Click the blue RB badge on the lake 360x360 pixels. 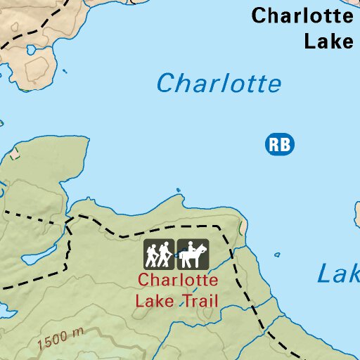tap(279, 145)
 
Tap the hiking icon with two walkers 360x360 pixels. tap(159, 254)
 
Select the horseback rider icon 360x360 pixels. tap(193, 254)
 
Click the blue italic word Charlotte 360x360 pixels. tap(219, 84)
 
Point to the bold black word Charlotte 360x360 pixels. tap(302, 15)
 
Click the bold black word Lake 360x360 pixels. tap(328, 41)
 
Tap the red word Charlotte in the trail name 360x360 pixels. tap(178, 280)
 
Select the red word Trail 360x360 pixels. tap(198, 302)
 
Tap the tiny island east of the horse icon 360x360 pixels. tap(278, 255)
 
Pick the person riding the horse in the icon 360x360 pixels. tap(190, 248)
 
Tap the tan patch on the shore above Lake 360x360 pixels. tap(243, 227)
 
